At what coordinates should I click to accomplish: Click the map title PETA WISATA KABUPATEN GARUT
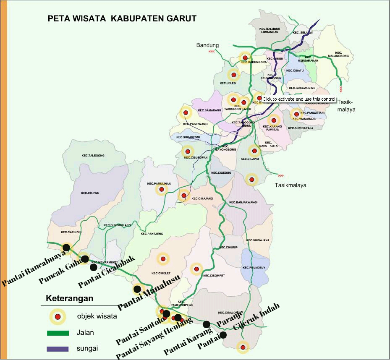pos(122,18)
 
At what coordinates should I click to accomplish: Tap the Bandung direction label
pos(207,45)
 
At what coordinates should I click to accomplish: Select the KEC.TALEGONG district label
pos(93,155)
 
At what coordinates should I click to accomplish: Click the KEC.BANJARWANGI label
pos(243,202)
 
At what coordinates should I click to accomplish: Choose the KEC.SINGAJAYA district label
pos(258,240)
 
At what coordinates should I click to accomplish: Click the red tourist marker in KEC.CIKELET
pos(163,259)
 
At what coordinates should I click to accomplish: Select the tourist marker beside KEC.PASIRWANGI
pos(186,113)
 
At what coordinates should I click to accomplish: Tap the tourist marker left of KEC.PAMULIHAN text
pos(161,190)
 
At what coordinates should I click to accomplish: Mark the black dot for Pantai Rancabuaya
pos(66,248)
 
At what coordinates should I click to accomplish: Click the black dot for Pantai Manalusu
pos(137,289)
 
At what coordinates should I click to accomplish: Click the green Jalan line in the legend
pos(58,333)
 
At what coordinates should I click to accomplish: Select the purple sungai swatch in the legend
pos(58,349)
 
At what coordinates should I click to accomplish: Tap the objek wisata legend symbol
pos(58,316)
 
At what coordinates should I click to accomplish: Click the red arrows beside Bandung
pos(212,52)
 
